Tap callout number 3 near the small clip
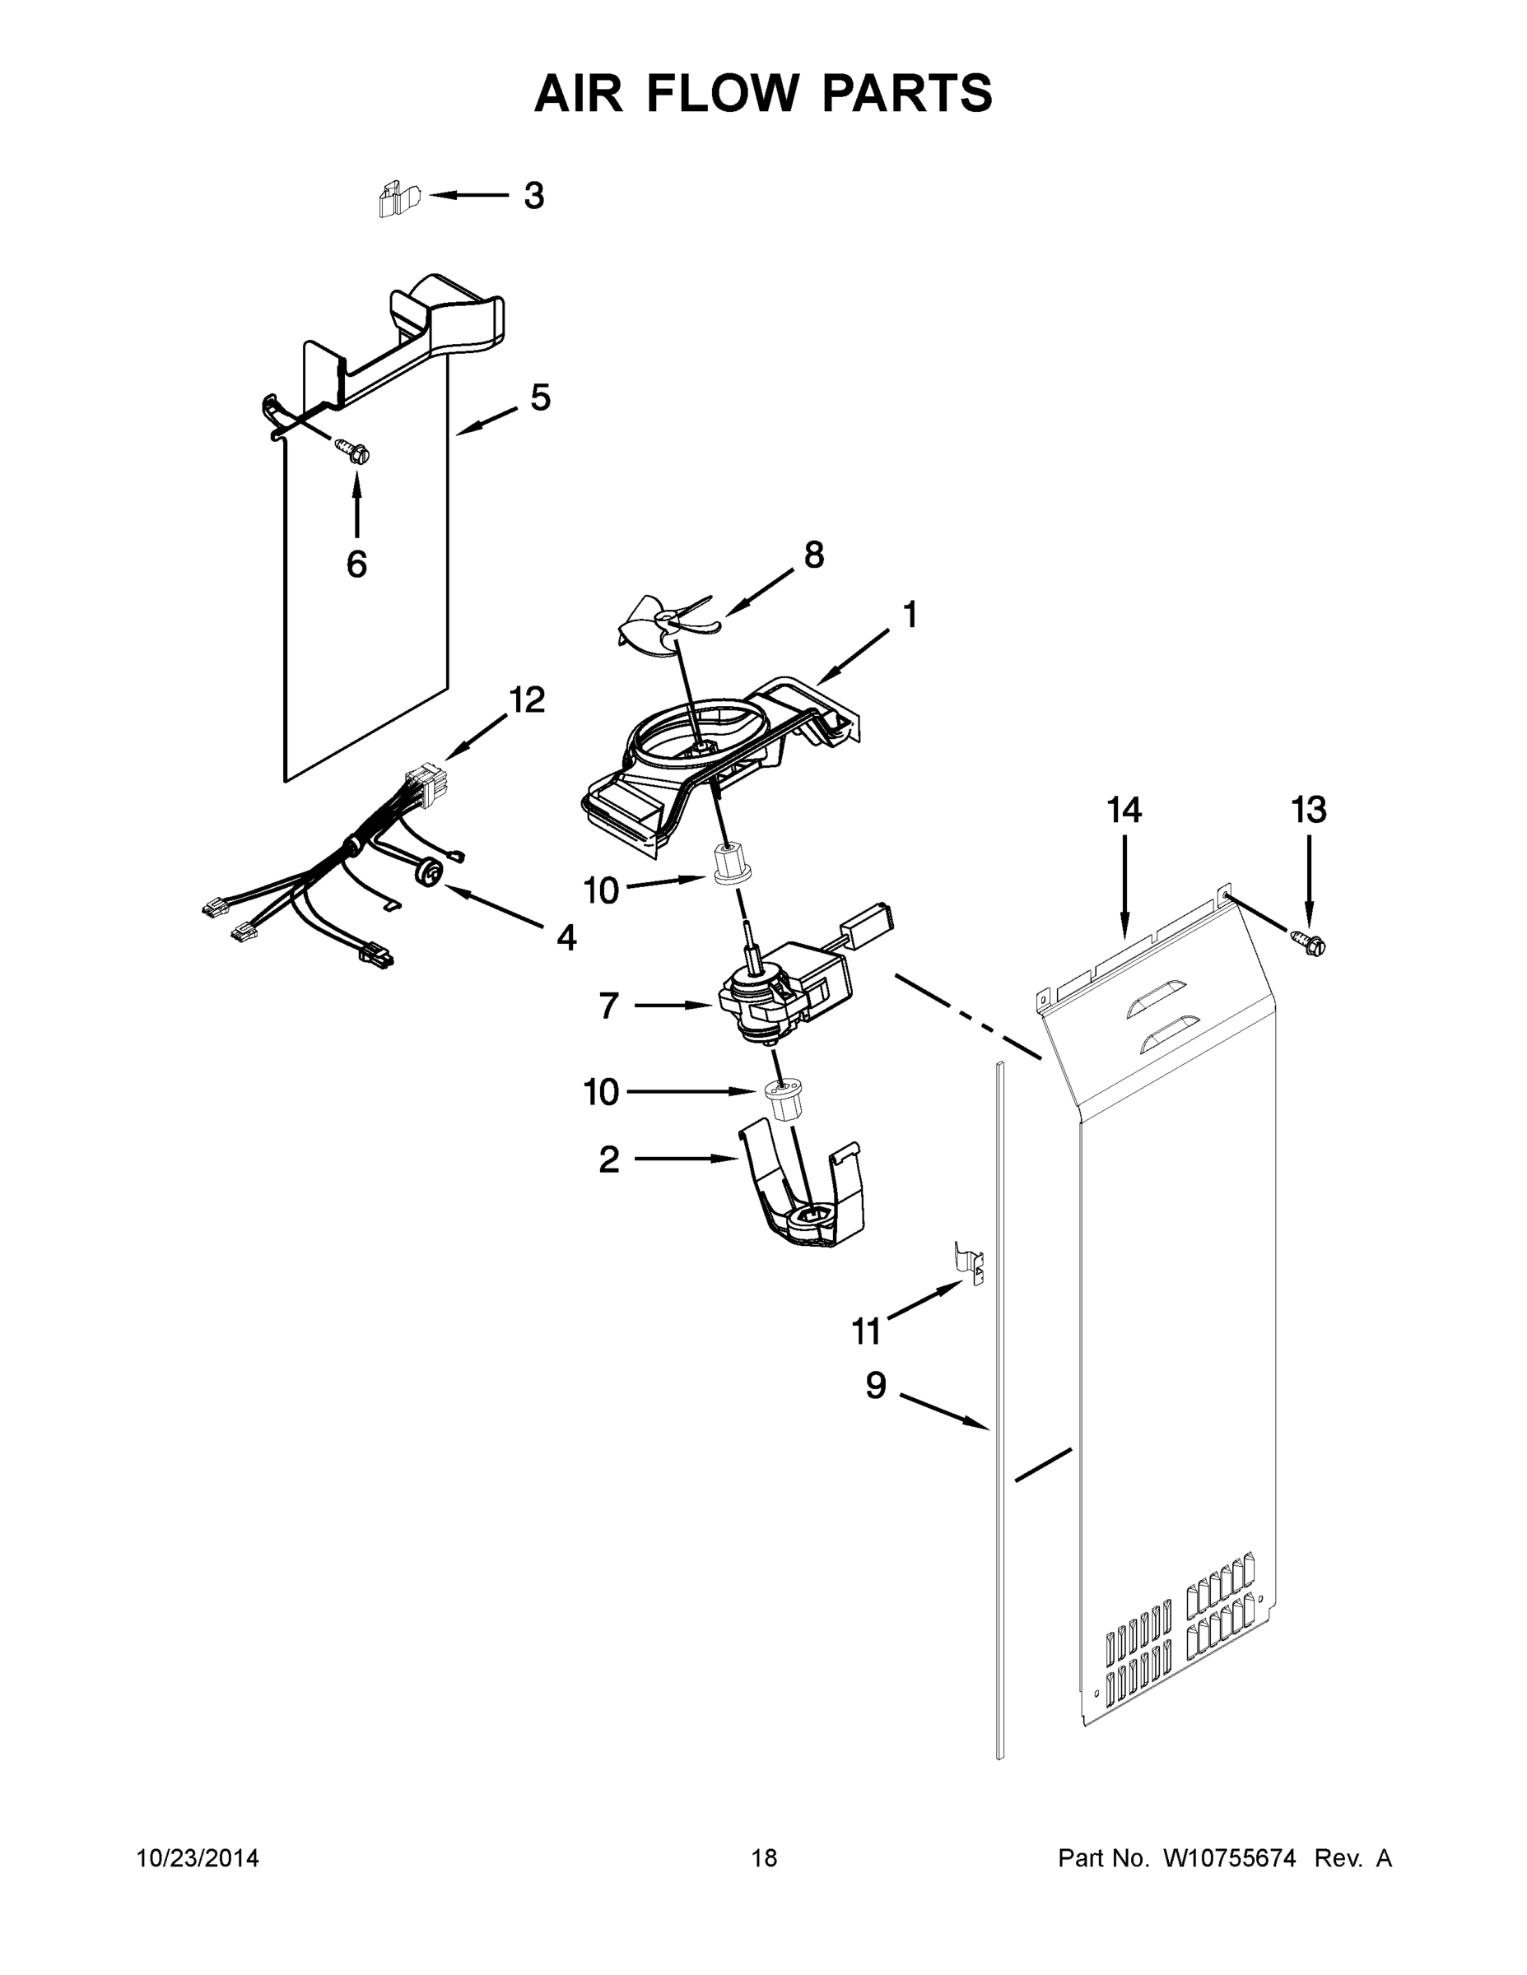click(x=533, y=195)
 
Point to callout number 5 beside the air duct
click(x=540, y=397)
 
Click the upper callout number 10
click(x=601, y=890)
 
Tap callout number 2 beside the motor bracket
click(x=609, y=1159)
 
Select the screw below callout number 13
click(x=1311, y=944)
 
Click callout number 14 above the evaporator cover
click(x=1124, y=811)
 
